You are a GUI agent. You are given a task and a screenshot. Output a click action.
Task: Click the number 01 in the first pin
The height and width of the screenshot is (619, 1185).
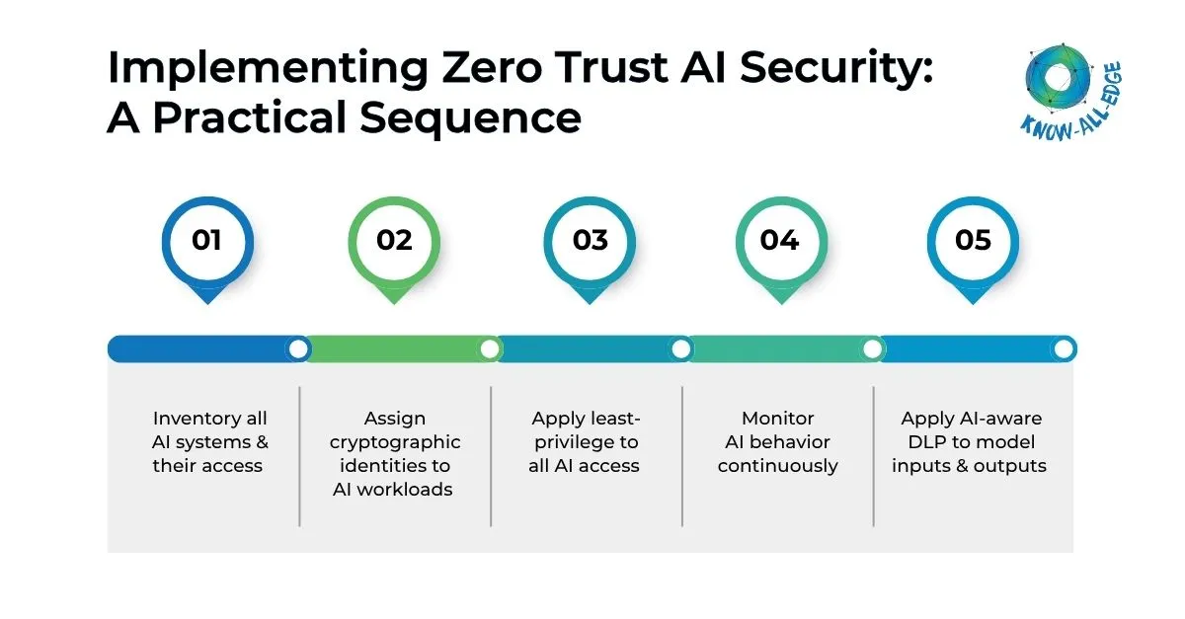(206, 240)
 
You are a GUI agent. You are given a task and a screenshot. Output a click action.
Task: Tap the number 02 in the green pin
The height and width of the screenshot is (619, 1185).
(394, 240)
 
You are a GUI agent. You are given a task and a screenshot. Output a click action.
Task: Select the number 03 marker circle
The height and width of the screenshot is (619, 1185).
(590, 240)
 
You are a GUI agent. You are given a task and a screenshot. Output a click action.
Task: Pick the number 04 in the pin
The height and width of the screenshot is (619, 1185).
(779, 240)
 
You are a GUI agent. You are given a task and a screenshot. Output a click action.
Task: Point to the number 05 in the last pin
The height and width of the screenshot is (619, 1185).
(972, 240)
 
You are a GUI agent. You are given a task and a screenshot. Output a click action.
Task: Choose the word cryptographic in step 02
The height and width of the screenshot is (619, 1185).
(395, 441)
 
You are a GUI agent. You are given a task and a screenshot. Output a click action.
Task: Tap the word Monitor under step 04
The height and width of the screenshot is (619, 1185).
(778, 419)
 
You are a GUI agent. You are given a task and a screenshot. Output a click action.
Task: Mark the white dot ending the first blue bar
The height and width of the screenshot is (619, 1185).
(297, 348)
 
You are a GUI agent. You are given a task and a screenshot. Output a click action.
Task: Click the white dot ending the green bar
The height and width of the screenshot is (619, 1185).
(489, 348)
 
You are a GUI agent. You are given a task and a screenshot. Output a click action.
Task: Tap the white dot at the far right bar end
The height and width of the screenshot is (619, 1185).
(1064, 348)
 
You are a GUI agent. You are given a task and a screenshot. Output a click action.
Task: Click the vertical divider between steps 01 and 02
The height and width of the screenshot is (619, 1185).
(299, 456)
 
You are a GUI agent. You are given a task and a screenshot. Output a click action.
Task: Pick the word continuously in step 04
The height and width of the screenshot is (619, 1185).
(778, 465)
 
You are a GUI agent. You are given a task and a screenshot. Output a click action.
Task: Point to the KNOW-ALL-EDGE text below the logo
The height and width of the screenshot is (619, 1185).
(1071, 116)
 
